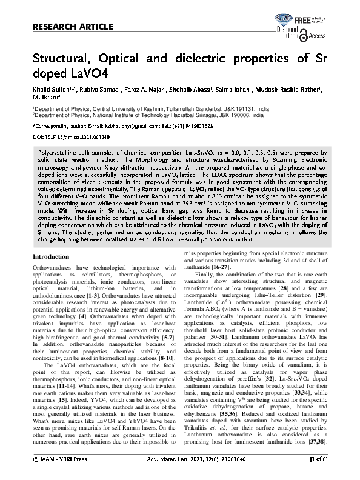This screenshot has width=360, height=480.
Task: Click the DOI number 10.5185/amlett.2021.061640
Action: pyautogui.click(x=72, y=138)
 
